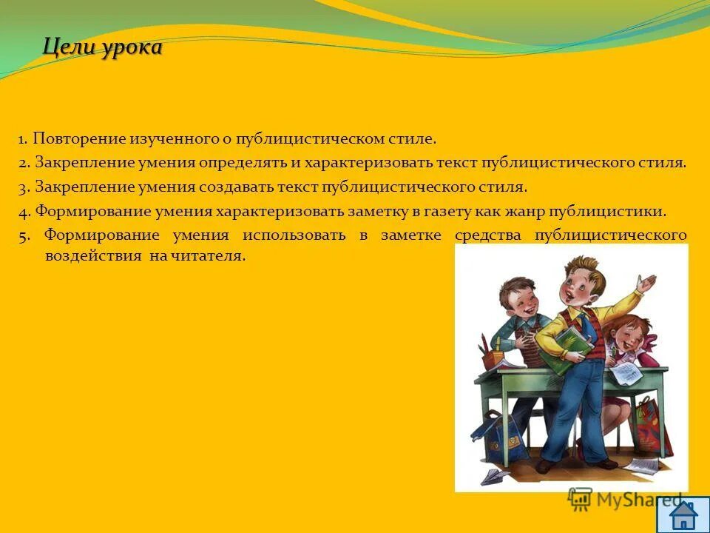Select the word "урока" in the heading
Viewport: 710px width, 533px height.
129,49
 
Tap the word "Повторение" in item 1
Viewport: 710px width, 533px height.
79,139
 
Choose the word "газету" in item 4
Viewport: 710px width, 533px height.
447,211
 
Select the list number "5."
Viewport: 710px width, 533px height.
24,236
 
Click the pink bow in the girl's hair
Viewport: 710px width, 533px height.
649,343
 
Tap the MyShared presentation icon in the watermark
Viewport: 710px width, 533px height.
580,500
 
